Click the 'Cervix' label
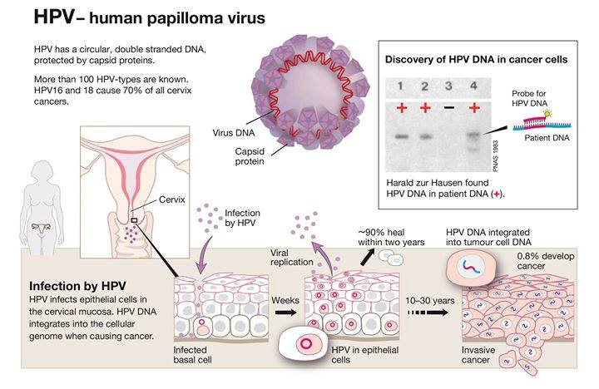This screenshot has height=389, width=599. (x=171, y=200)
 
